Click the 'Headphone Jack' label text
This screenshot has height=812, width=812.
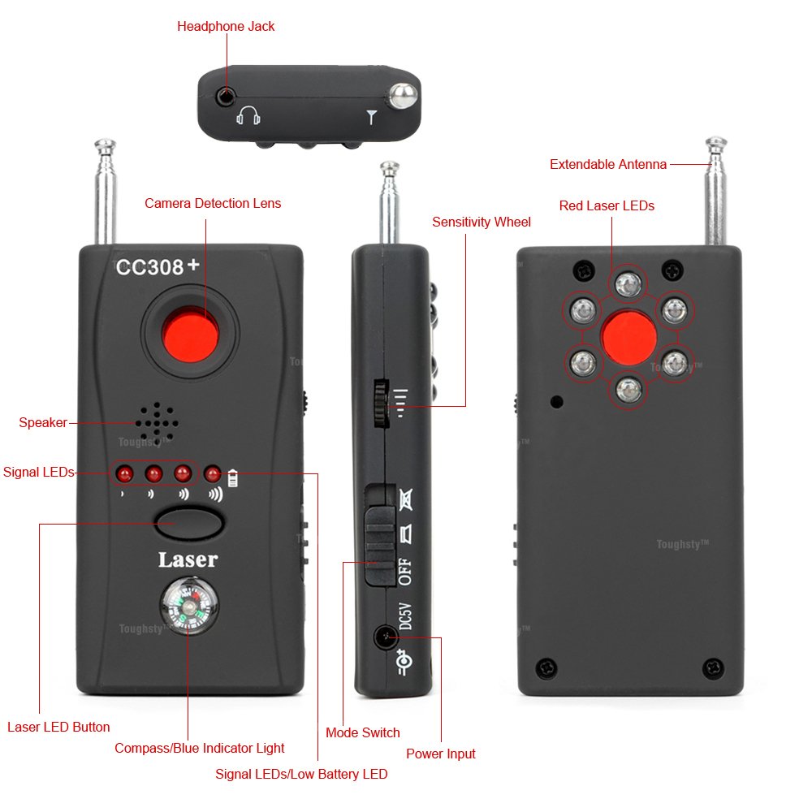pyautogui.click(x=226, y=27)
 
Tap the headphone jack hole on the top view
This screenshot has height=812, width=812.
pyautogui.click(x=226, y=97)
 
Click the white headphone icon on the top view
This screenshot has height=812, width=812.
pyautogui.click(x=248, y=115)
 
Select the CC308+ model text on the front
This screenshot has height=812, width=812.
pyautogui.click(x=158, y=266)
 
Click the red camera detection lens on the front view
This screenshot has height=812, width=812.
pyautogui.click(x=189, y=334)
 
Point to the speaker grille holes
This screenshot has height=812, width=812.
pyautogui.click(x=157, y=423)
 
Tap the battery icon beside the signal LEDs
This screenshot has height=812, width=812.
pyautogui.click(x=233, y=478)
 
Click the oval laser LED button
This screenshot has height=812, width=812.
pyautogui.click(x=189, y=522)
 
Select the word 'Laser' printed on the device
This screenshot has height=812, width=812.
pyautogui.click(x=188, y=559)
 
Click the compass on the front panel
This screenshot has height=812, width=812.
pyautogui.click(x=189, y=606)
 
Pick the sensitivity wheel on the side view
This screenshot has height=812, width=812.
pyautogui.click(x=382, y=404)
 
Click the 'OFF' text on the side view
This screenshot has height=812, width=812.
pyautogui.click(x=405, y=572)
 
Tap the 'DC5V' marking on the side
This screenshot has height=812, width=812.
pyautogui.click(x=405, y=616)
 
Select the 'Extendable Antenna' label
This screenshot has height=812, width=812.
pyautogui.click(x=608, y=165)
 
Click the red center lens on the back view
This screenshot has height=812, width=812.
pyautogui.click(x=628, y=337)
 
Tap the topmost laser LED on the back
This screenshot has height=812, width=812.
pyautogui.click(x=628, y=283)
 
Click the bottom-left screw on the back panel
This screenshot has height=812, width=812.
pyautogui.click(x=546, y=668)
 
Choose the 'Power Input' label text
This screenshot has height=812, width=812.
pyautogui.click(x=441, y=754)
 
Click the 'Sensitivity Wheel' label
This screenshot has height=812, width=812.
pyautogui.click(x=482, y=222)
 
